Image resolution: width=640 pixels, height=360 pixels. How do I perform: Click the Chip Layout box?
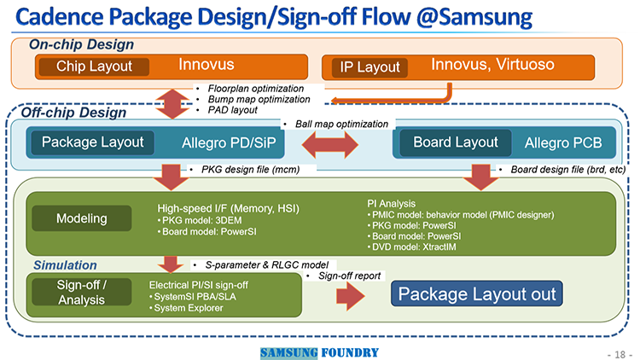pos(94,67)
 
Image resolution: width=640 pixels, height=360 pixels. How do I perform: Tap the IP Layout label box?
pos(369,67)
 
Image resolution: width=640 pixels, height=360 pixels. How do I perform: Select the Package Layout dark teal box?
pos(93,142)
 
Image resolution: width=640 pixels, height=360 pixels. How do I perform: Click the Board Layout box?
pos(456,142)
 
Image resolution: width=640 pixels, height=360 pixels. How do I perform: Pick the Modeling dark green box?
pos(82,218)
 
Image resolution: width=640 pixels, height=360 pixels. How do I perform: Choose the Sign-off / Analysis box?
pos(82,293)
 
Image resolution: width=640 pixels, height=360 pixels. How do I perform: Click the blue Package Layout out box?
pos(477,293)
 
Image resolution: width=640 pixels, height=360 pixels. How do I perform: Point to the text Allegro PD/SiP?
pos(229,142)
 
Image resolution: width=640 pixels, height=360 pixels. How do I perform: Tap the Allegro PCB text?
pos(563,142)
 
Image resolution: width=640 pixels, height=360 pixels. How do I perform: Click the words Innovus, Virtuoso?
pos(492,65)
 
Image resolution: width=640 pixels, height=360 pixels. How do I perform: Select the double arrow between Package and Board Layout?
pos(329,144)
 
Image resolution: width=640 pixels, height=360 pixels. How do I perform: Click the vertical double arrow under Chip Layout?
pos(173,104)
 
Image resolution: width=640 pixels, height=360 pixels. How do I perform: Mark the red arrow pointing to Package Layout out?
pos(350,296)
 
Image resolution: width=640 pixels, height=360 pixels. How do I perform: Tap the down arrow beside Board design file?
pos(480,177)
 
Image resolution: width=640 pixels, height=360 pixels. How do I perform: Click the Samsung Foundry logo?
pos(319,353)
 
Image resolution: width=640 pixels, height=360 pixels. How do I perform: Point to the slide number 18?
pos(620,354)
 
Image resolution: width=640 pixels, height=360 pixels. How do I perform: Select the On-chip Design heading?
pos(81,44)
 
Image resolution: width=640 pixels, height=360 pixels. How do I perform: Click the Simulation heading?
pos(66,265)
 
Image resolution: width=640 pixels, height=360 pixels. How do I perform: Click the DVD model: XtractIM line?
pos(411,247)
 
